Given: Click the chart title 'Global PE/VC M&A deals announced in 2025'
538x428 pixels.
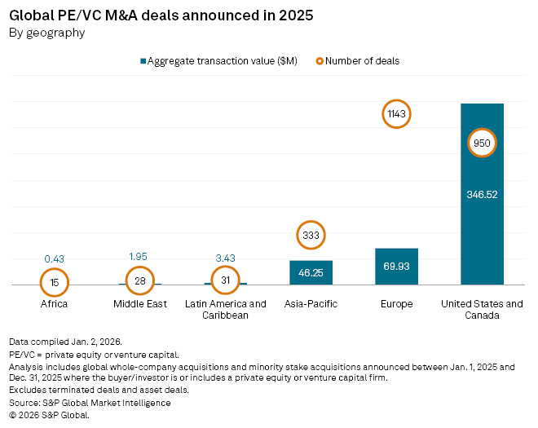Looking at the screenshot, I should (x=161, y=15).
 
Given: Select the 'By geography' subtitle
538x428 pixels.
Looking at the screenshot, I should (x=46, y=33).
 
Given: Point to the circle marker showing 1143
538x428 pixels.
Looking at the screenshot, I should (x=396, y=115).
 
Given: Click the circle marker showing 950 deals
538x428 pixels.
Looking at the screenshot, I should (x=482, y=143).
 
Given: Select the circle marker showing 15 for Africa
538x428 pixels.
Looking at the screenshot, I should (x=54, y=282).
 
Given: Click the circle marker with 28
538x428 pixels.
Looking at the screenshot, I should (x=139, y=281).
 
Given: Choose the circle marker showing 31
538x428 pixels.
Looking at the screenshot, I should (x=225, y=281).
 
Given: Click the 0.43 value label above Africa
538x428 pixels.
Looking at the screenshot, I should (x=54, y=259).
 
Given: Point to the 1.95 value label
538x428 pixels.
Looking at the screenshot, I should (x=139, y=257).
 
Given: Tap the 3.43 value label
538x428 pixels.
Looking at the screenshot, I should (x=225, y=258).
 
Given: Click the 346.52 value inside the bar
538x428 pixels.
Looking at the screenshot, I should (x=482, y=196).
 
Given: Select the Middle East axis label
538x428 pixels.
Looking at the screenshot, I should (x=139, y=304).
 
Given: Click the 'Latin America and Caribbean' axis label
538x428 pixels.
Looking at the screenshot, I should (x=225, y=310).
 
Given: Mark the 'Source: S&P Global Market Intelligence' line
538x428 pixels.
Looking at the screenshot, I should (x=90, y=402).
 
